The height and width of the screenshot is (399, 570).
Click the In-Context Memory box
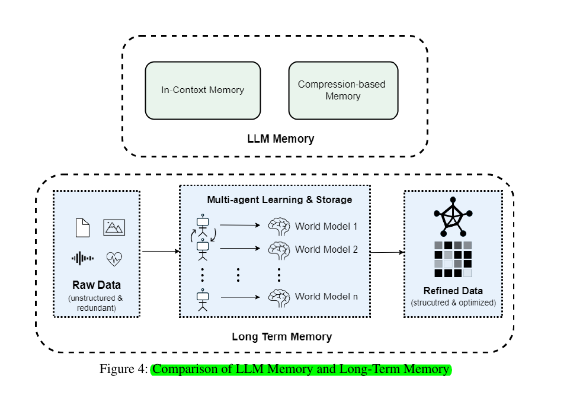point(203,91)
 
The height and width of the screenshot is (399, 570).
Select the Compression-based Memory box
point(343,91)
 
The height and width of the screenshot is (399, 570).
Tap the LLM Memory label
point(280,139)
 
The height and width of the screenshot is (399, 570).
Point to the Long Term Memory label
point(281,337)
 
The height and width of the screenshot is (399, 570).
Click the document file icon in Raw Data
point(82,227)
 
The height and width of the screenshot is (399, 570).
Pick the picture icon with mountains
point(114,227)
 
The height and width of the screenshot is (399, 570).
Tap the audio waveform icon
point(82,258)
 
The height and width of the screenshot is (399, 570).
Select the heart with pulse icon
point(114,258)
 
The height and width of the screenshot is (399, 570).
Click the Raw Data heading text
point(97,285)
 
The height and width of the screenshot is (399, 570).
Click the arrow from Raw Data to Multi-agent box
point(160,251)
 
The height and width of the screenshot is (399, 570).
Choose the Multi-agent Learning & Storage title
point(279,200)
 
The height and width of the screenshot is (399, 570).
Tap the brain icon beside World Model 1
point(279,226)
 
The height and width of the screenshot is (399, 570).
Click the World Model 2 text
point(326,250)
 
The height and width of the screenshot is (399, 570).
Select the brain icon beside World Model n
point(279,296)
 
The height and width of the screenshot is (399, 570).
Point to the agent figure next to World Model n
point(203,299)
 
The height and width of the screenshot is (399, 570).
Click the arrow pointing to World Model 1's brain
point(239,225)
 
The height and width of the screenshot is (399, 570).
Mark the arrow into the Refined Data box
point(387,253)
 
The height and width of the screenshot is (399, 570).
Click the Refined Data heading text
point(453,291)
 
